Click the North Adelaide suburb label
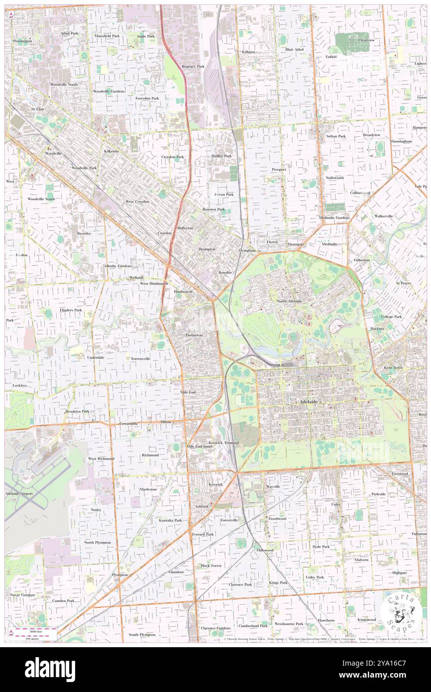click(x=289, y=301)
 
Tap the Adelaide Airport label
click(x=19, y=493)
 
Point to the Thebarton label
click(x=194, y=335)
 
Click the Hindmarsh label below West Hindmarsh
click(x=182, y=291)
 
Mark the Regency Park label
click(x=193, y=66)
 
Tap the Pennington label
click(x=23, y=40)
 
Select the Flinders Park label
click(x=71, y=310)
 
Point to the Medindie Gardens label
click(x=334, y=218)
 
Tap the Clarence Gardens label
click(x=215, y=628)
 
